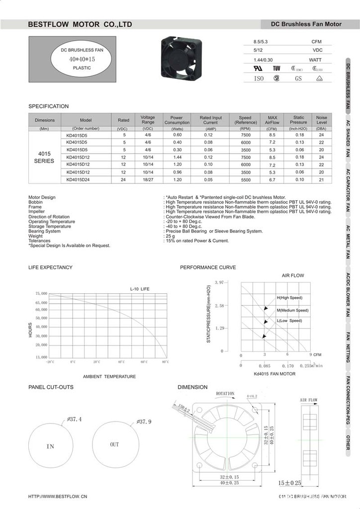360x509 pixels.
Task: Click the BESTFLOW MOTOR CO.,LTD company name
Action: pyautogui.click(x=80, y=24)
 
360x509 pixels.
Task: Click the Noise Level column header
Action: pyautogui.click(x=321, y=120)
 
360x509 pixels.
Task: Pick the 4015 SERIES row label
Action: pyautogui.click(x=44, y=157)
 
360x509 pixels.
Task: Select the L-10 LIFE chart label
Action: pyautogui.click(x=139, y=289)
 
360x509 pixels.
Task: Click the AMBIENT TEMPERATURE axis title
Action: pyautogui.click(x=109, y=376)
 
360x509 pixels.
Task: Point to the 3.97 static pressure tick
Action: pyautogui.click(x=219, y=282)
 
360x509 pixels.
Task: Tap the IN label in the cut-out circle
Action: pyautogui.click(x=50, y=446)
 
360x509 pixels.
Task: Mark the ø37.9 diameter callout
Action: pyautogui.click(x=144, y=422)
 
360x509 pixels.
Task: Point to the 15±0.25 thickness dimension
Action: pyautogui.click(x=290, y=482)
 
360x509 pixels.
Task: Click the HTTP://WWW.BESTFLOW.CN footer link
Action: pyautogui.click(x=58, y=496)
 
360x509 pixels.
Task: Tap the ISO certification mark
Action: pyautogui.click(x=259, y=78)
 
